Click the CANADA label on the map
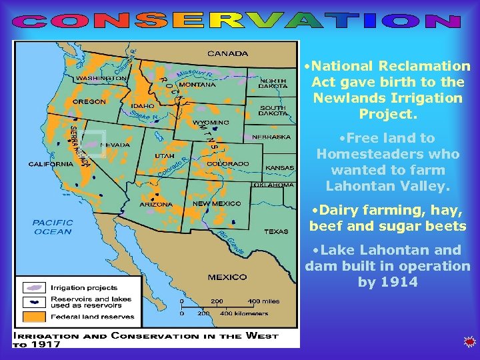click(x=228, y=53)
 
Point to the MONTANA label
click(x=198, y=85)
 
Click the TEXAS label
click(x=276, y=231)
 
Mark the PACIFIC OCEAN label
click(x=52, y=227)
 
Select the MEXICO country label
click(x=227, y=277)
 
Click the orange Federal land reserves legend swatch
click(x=35, y=317)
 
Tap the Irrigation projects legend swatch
click(x=35, y=287)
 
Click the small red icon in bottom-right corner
click(x=469, y=343)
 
